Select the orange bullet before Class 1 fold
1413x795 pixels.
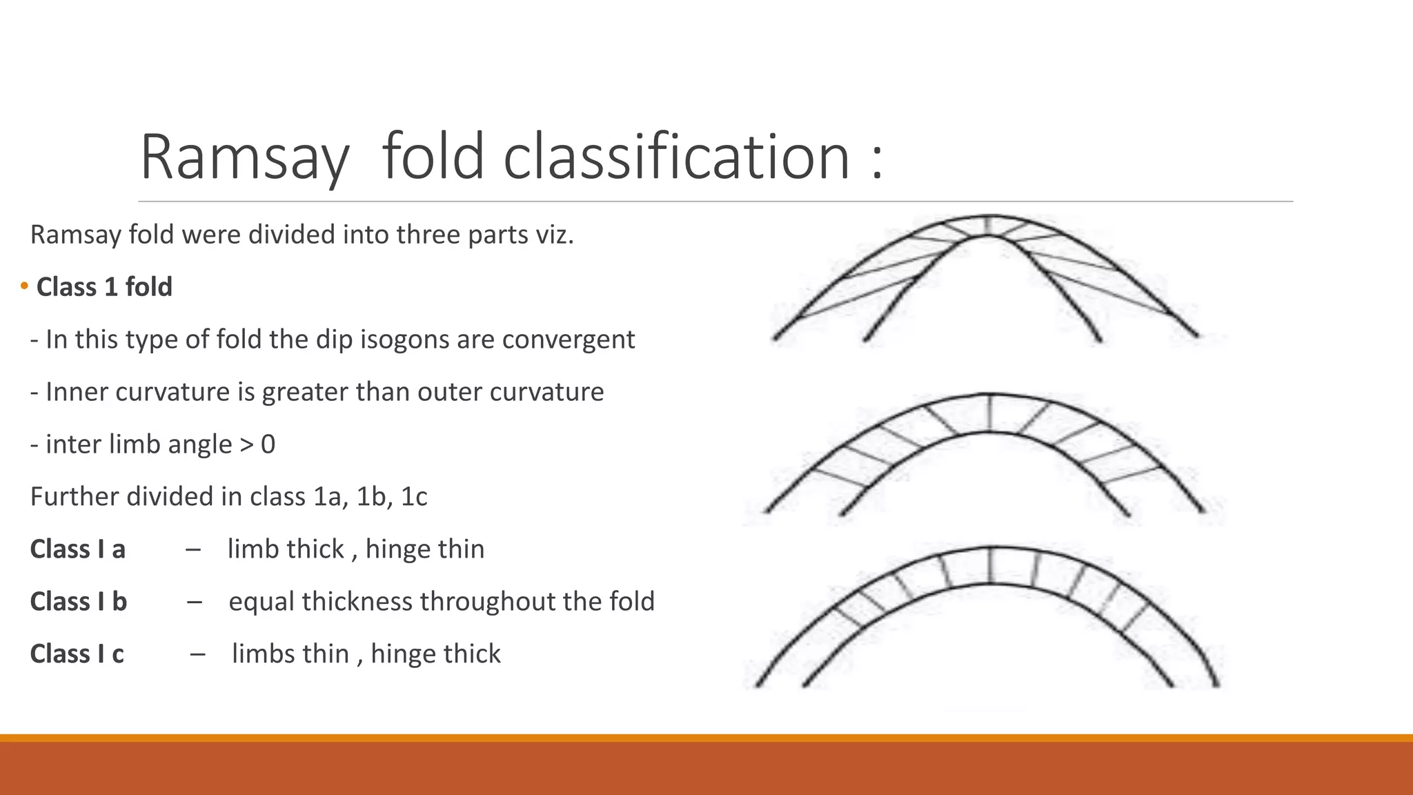point(24,286)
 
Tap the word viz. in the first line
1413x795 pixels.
point(555,235)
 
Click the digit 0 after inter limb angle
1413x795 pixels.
point(268,444)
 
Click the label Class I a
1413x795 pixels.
point(78,549)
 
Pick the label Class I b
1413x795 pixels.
point(79,602)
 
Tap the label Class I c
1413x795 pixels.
point(77,654)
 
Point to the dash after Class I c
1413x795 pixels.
point(198,654)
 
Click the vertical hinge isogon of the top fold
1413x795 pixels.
point(989,226)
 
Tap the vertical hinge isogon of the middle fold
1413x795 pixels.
point(990,413)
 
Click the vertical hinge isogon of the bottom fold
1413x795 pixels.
point(991,566)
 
